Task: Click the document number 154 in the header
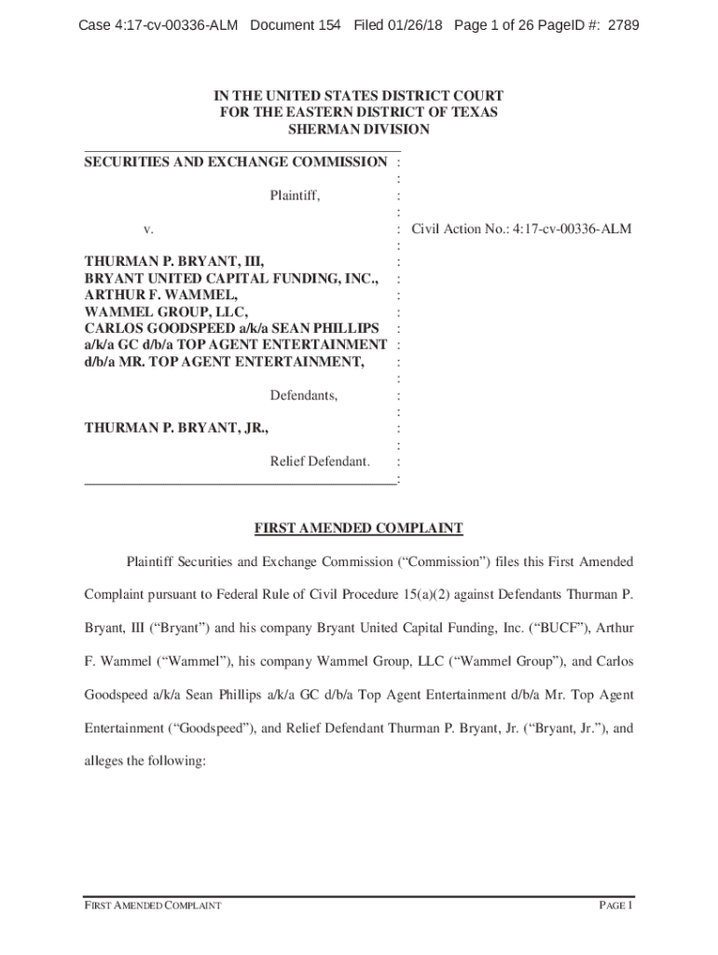pos(329,25)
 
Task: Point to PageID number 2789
pos(623,25)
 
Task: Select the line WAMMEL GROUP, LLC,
pos(168,311)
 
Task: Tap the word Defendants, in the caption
pos(304,395)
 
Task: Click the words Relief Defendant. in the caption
pos(320,462)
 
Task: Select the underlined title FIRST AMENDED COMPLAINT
pos(359,529)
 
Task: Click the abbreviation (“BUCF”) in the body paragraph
pos(573,628)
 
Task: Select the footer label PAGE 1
pos(615,906)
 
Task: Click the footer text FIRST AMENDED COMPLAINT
pos(153,906)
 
